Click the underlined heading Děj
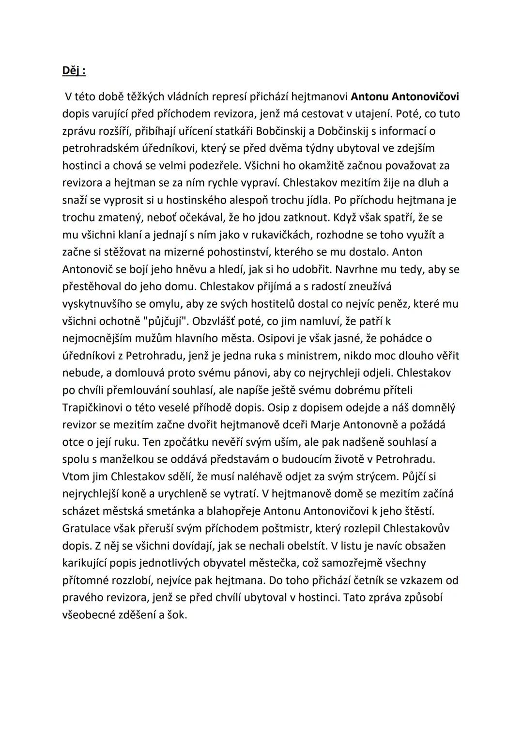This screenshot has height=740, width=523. pos(74,71)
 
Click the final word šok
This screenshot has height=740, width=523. pos(177,615)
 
